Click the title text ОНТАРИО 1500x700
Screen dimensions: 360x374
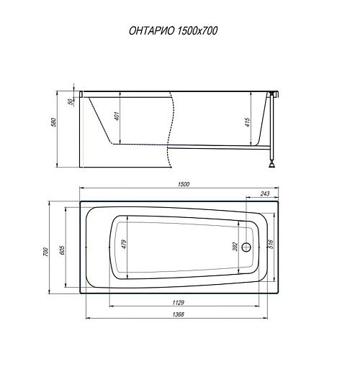pyautogui.click(x=173, y=31)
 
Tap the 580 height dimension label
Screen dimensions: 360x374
pyautogui.click(x=54, y=122)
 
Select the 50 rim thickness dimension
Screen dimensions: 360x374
pyautogui.click(x=71, y=101)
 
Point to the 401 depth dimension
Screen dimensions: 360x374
pyautogui.click(x=117, y=116)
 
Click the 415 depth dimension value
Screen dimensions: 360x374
pyautogui.click(x=248, y=122)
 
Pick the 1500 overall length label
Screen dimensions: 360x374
pyautogui.click(x=184, y=184)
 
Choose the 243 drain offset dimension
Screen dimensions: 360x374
pyautogui.click(x=265, y=193)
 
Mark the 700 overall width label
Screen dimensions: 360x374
pyautogui.click(x=45, y=252)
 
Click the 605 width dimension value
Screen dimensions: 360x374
pyautogui.click(x=62, y=250)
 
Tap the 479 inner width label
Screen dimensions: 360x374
pyautogui.click(x=124, y=244)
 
